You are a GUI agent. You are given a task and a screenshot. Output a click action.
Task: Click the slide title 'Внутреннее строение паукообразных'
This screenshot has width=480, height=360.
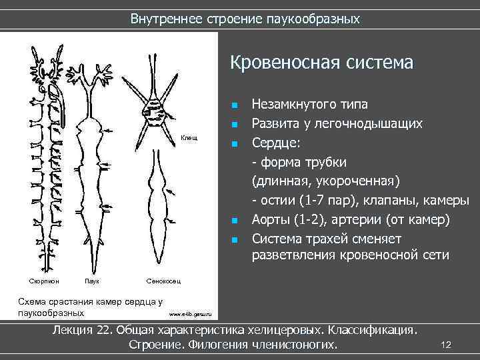(245, 19)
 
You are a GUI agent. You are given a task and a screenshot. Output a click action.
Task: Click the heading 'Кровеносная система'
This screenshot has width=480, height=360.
(321, 63)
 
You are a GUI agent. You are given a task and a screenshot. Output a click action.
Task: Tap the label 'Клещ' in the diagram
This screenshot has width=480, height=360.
(189, 137)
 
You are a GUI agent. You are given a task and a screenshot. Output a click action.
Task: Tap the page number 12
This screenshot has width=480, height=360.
(446, 345)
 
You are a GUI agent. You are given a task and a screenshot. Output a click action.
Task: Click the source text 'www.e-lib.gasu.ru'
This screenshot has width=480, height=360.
(189, 313)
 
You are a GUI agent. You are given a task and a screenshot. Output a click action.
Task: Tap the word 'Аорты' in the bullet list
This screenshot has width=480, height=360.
(270, 220)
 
